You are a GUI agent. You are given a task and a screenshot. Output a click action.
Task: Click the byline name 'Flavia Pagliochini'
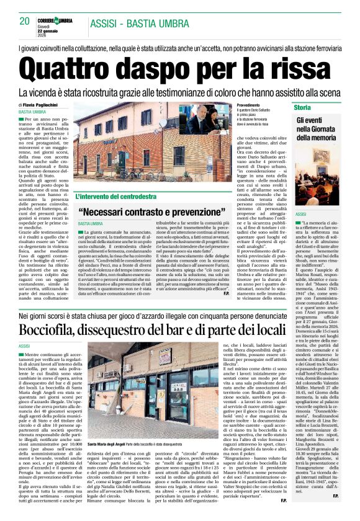44,105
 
